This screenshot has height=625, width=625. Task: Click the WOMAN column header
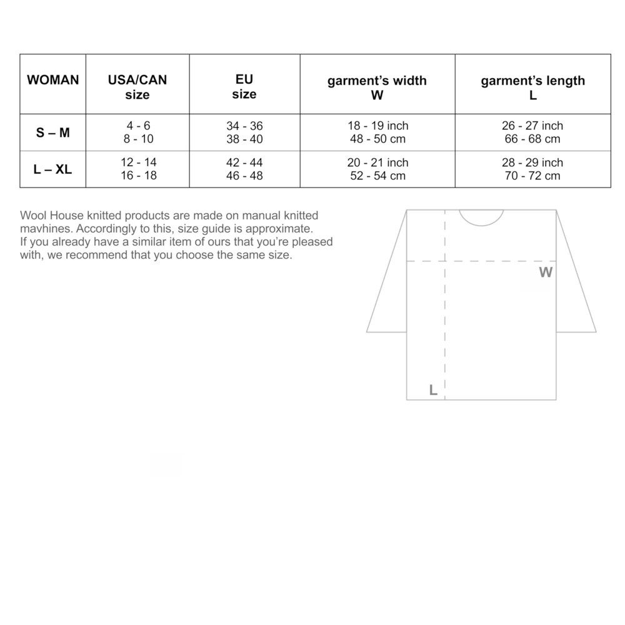pyautogui.click(x=53, y=80)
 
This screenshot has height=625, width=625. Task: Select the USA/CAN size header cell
pyautogui.click(x=137, y=87)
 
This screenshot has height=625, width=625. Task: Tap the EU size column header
pyautogui.click(x=244, y=87)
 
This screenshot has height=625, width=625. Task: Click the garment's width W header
pyautogui.click(x=377, y=87)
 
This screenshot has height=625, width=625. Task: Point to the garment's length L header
pyautogui.click(x=532, y=87)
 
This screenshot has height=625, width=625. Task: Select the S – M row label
pyautogui.click(x=53, y=132)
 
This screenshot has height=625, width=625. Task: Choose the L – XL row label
pyautogui.click(x=53, y=169)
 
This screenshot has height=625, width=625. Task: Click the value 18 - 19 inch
pyautogui.click(x=377, y=126)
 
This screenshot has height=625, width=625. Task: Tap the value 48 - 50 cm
pyautogui.click(x=377, y=139)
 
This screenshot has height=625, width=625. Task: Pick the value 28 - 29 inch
pyautogui.click(x=532, y=162)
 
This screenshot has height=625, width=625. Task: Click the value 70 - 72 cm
pyautogui.click(x=532, y=176)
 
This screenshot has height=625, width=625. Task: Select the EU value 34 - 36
pyautogui.click(x=244, y=126)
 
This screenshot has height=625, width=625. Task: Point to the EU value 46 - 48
pyautogui.click(x=244, y=176)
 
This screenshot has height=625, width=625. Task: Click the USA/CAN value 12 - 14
pyautogui.click(x=138, y=162)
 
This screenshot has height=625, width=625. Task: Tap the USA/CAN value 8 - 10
pyautogui.click(x=138, y=139)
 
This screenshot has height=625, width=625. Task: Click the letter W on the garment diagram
pyautogui.click(x=546, y=272)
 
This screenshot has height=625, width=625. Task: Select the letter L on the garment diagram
pyautogui.click(x=432, y=391)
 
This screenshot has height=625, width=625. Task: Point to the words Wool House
pyautogui.click(x=47, y=216)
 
